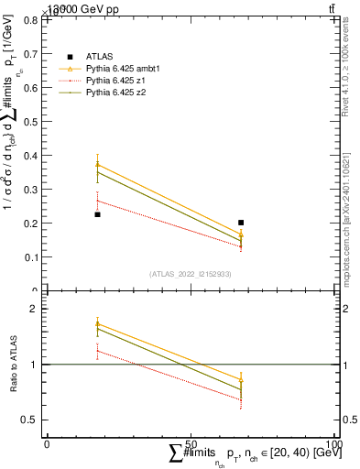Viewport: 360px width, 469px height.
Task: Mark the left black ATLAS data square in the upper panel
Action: coord(97,214)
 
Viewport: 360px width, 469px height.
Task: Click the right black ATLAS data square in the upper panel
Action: coord(241,223)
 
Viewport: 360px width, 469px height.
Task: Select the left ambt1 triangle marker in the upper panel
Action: coord(97,165)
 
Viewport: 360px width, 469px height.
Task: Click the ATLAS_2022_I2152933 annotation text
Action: coord(190,274)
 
